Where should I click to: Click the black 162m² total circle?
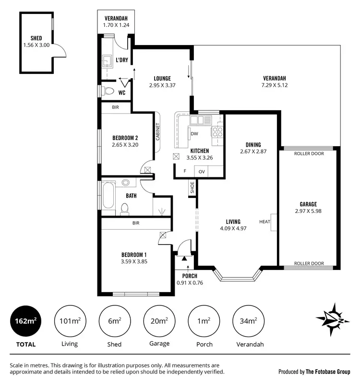[x=25, y=321]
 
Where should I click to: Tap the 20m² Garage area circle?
[x=158, y=321]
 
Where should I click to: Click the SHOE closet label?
[x=192, y=188]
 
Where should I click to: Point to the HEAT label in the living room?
[x=264, y=222]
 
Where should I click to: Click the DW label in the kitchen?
[x=194, y=134]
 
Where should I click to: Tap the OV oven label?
[x=202, y=171]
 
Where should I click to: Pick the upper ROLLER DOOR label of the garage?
[x=309, y=154]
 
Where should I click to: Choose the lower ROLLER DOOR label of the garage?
[x=309, y=263]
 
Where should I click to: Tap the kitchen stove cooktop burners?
[x=218, y=128]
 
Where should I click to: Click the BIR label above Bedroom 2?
[x=115, y=107]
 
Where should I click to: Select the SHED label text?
[x=36, y=38]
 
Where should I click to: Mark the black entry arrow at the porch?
[x=184, y=258]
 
